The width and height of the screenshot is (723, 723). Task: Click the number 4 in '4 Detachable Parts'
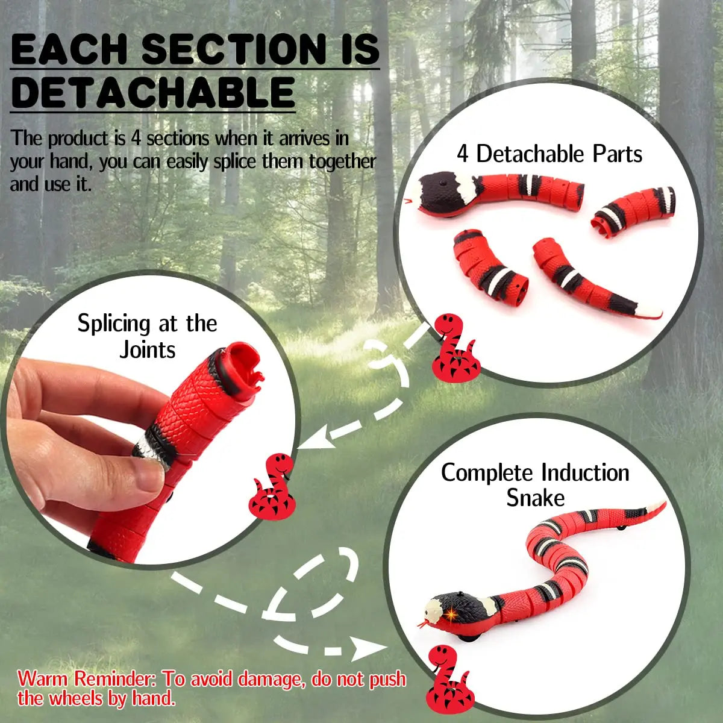click(x=463, y=154)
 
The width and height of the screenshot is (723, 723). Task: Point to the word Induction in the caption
click(x=585, y=473)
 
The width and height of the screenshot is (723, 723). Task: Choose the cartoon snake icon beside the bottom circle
click(x=448, y=678)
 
